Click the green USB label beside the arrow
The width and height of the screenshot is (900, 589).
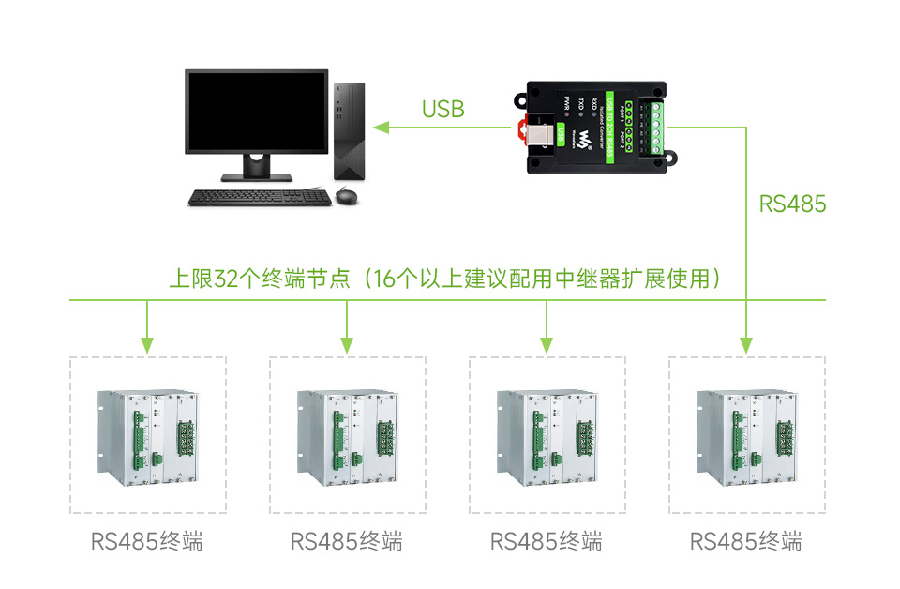point(442,109)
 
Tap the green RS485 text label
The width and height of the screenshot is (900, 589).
point(792,204)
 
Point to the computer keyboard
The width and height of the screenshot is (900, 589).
point(247,197)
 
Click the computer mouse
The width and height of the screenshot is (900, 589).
point(346,195)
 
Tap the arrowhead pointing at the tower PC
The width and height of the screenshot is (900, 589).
point(380,127)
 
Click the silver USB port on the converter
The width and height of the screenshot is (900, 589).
point(536,135)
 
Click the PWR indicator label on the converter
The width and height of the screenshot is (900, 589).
point(566,102)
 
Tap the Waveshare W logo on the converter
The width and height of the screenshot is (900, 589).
point(585,140)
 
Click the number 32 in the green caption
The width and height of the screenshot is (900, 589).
point(227,279)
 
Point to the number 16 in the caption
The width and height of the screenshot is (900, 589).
point(384,279)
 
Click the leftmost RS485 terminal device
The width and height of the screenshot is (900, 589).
point(147,436)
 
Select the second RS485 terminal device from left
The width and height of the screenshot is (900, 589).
point(347,436)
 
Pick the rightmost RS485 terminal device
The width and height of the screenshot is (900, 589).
point(746,436)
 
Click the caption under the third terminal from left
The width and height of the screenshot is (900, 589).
point(546,541)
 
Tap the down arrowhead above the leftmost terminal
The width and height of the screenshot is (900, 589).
point(146,344)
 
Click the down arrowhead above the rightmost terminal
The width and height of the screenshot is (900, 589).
point(746,344)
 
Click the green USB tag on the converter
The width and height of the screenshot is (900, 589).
point(561,132)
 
